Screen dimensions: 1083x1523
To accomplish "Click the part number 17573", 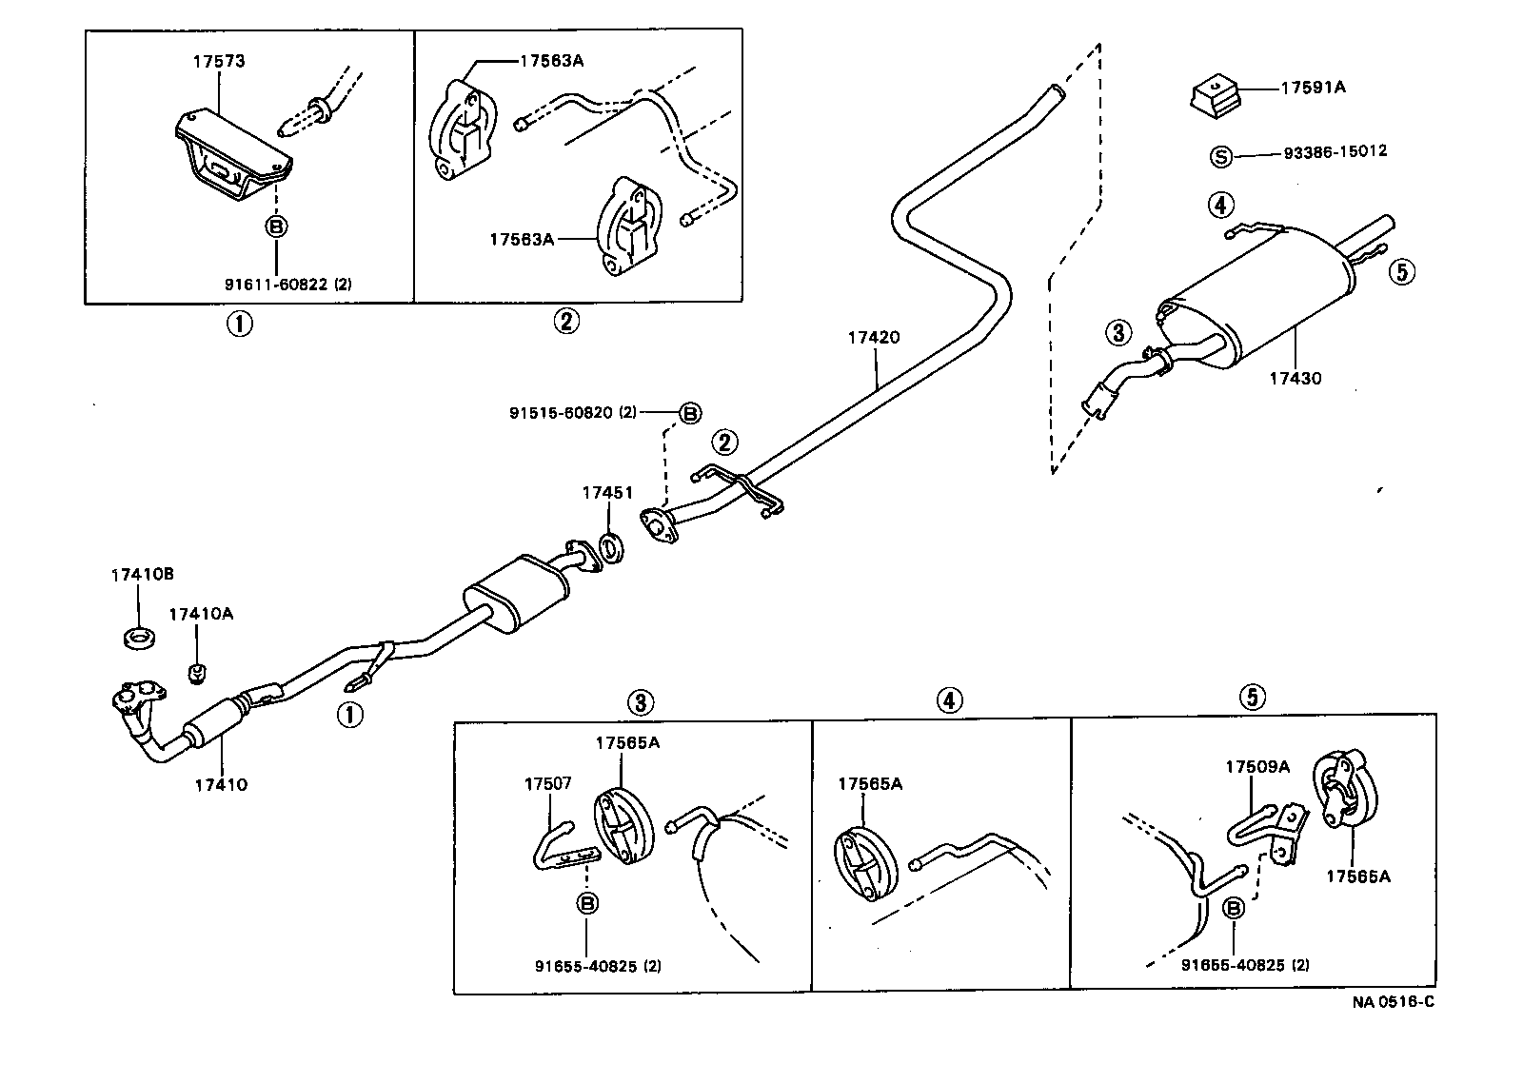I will click(218, 62).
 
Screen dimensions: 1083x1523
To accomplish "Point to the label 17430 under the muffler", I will click(1295, 378).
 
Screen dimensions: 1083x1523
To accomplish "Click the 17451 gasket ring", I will click(610, 548).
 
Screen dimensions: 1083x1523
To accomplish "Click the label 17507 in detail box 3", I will click(547, 783).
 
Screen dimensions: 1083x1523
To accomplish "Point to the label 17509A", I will click(1256, 767).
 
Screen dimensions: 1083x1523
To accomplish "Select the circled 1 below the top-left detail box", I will click(238, 324).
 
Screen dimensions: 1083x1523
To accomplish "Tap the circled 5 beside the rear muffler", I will click(1401, 272).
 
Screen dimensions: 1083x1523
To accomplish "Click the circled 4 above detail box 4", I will click(948, 700).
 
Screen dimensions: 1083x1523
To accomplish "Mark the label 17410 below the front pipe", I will click(221, 785).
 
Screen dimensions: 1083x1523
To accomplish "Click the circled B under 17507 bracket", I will click(587, 903).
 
